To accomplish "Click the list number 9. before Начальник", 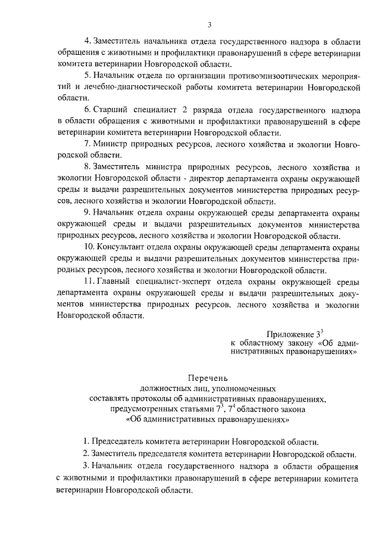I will pos(87,212).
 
